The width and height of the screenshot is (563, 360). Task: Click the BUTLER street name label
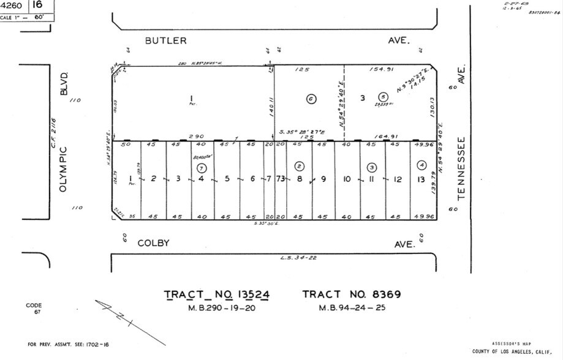[x=165, y=40]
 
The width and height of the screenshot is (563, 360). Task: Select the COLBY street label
[x=154, y=243]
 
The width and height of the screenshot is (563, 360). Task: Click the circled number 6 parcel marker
[x=311, y=99]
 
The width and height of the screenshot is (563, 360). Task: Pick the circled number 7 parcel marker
[x=201, y=167]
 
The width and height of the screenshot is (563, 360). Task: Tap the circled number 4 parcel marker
[x=421, y=165]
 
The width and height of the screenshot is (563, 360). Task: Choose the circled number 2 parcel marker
[x=299, y=166]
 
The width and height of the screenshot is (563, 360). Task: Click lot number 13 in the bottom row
[x=420, y=179]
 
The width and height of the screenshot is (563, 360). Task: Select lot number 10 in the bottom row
[x=346, y=179]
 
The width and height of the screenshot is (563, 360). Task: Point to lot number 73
[x=281, y=179]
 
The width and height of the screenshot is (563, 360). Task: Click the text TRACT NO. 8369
[x=352, y=294]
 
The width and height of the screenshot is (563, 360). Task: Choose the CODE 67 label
[x=34, y=308]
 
